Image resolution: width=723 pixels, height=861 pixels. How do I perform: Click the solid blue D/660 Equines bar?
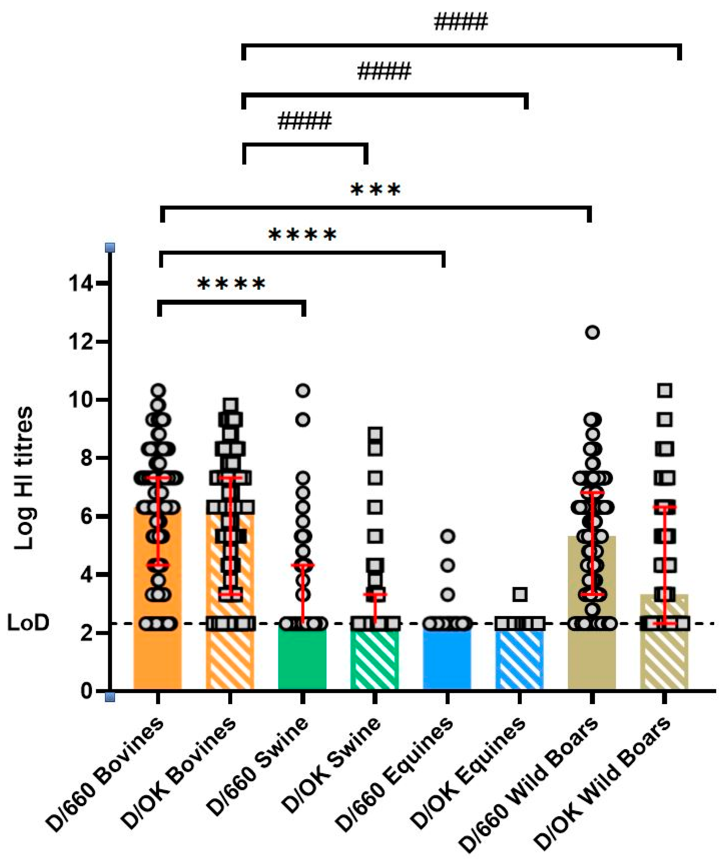pyautogui.click(x=447, y=660)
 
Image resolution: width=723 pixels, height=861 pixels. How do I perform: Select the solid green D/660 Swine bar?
pyautogui.click(x=302, y=660)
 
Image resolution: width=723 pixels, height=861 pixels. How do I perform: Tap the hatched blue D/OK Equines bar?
pyautogui.click(x=519, y=660)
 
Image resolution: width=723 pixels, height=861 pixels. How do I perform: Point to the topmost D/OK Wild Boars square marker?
pyautogui.click(x=665, y=390)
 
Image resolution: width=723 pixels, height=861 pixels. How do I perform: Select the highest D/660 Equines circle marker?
pyautogui.click(x=448, y=536)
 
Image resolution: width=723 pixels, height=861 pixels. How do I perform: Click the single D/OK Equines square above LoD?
pyautogui.click(x=520, y=594)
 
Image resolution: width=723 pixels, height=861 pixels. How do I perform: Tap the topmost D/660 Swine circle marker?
pyautogui.click(x=303, y=390)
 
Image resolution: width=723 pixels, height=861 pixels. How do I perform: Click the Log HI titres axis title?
pyautogui.click(x=23, y=478)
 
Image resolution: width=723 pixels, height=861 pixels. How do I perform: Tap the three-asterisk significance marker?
pyautogui.click(x=376, y=190)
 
